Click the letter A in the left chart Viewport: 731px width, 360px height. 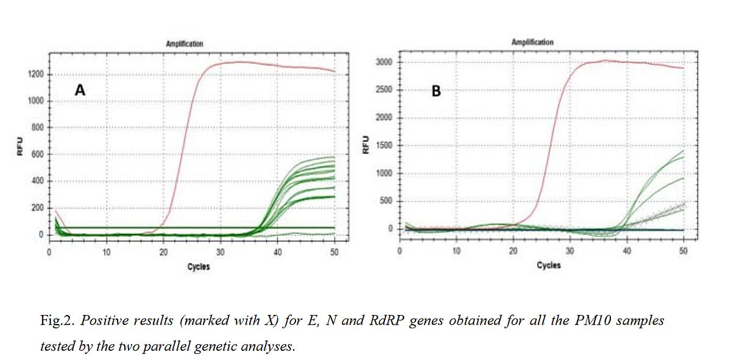(x=80, y=90)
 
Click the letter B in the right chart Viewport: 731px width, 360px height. (x=436, y=91)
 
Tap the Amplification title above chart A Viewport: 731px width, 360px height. (x=185, y=44)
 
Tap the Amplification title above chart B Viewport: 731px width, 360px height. (x=532, y=42)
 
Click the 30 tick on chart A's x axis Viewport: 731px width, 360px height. (x=221, y=252)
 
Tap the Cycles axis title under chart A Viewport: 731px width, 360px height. (x=199, y=267)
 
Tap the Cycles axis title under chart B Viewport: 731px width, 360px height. (x=549, y=266)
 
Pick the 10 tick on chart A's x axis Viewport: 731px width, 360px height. (x=107, y=252)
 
